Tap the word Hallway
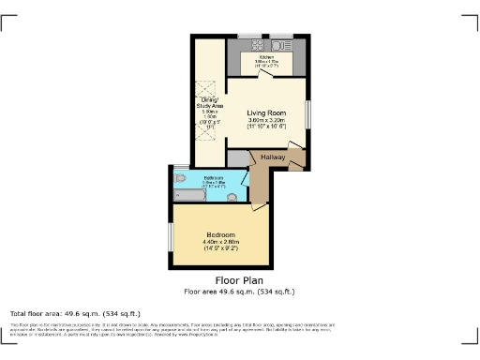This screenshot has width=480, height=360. (x=273, y=157)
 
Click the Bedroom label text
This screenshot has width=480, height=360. (x=220, y=234)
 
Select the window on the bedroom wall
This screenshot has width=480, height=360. (x=170, y=237)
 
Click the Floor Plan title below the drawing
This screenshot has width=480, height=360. (x=239, y=279)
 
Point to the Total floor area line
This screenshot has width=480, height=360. (x=75, y=312)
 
